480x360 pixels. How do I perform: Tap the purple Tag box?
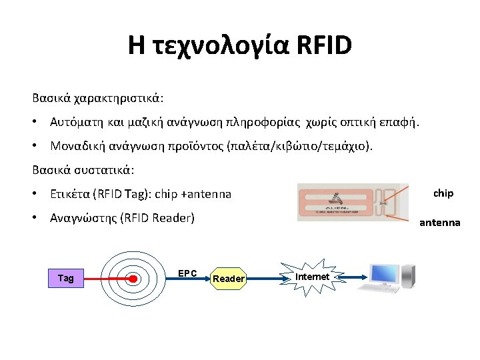(66, 278)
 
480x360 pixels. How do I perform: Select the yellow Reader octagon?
(228, 278)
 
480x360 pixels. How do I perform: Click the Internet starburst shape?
(312, 276)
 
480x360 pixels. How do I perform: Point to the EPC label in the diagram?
(187, 273)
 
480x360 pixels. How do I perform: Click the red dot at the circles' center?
(134, 278)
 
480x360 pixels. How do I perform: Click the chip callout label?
(443, 193)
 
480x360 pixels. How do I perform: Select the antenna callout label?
(439, 222)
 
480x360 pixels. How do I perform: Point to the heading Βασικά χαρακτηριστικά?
(98, 97)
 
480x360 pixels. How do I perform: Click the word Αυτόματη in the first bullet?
(75, 122)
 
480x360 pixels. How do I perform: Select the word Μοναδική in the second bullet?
(75, 145)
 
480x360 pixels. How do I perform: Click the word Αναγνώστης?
(82, 217)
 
